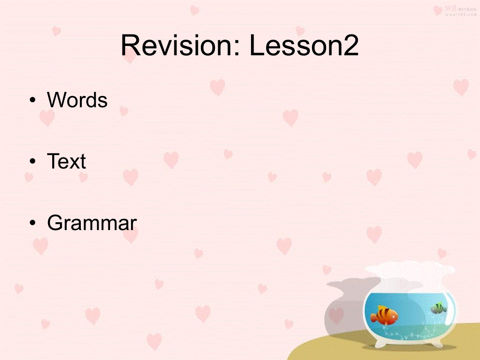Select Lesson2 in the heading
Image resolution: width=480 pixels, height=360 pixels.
coord(304,46)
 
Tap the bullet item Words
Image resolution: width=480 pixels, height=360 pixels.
coord(77,100)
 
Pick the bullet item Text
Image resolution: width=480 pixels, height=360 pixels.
coord(66,162)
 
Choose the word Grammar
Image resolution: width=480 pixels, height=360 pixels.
coord(92,223)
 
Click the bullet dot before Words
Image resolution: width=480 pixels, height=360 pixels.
coord(33,101)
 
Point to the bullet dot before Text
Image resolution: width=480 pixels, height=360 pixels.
coord(33,162)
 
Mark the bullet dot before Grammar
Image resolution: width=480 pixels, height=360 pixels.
coord(33,224)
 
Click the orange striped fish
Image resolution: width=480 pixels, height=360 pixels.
coord(385,315)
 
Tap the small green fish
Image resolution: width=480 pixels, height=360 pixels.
coord(438,308)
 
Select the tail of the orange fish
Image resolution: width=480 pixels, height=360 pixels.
coord(374,316)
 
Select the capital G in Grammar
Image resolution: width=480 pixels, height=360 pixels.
coord(54,223)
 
